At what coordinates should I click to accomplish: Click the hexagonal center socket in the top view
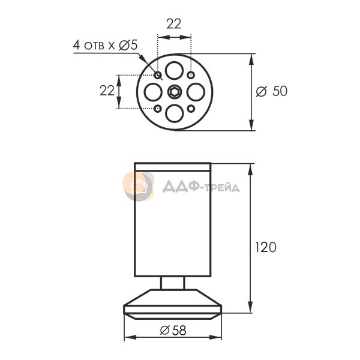pos(175,92)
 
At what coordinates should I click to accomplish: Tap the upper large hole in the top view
pos(175,70)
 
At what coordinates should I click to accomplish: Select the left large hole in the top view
pos(153,92)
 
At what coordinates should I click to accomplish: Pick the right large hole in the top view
pos(196,92)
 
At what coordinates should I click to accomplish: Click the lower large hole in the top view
pos(175,113)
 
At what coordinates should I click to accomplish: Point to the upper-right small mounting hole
pos(191,75)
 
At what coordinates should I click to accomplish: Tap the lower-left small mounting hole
pos(157,109)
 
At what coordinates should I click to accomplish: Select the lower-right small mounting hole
pos(191,109)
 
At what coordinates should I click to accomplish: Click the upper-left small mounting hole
pos(158,75)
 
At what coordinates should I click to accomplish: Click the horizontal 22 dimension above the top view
pos(174,24)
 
